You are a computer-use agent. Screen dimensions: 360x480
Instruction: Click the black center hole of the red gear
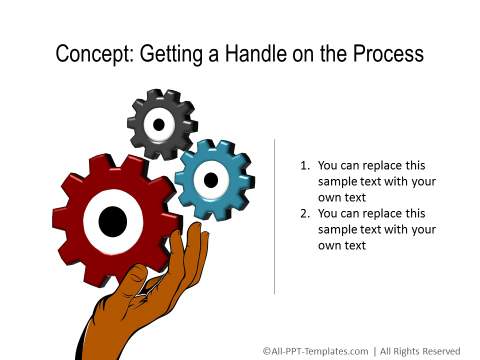[113, 219]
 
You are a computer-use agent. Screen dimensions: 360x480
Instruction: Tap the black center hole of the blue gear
[211, 180]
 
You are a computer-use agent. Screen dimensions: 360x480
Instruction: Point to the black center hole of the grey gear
[158, 124]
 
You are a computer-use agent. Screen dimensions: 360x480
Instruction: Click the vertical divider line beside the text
[275, 215]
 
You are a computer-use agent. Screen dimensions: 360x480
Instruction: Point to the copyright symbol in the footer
[267, 350]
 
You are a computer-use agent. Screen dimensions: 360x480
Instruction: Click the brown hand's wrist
[110, 335]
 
